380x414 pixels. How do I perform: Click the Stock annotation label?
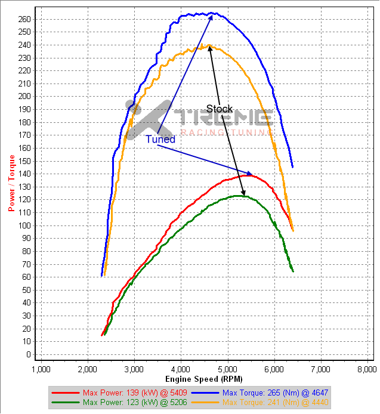click(x=219, y=109)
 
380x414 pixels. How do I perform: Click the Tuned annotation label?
click(x=160, y=139)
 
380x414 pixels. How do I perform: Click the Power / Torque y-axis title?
click(x=11, y=182)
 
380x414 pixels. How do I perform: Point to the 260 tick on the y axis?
click(x=24, y=18)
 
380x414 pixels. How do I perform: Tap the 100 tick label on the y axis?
click(x=24, y=225)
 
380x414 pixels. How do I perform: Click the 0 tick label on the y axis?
click(x=28, y=355)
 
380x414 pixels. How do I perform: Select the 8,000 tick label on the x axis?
click(x=366, y=369)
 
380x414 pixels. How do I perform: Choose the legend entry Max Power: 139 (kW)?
click(x=123, y=393)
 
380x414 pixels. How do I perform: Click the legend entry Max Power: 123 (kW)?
click(x=123, y=403)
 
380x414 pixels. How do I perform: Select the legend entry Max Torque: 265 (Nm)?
click(x=275, y=393)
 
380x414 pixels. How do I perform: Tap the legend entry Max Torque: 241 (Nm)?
click(x=275, y=403)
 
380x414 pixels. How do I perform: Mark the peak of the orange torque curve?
click(x=209, y=45)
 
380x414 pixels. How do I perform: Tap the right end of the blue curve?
click(x=292, y=166)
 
